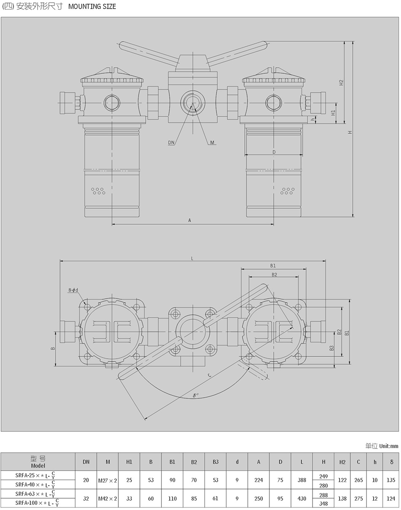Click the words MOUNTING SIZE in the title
pos(92,6)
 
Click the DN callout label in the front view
pos(171,143)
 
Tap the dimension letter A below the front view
pos(190,220)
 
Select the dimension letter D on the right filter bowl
pos(274,152)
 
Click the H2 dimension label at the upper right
pos(342,82)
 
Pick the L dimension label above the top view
pos(192,258)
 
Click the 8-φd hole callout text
pos(73,290)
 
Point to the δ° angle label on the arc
pos(195,395)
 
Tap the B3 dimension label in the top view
pos(332,348)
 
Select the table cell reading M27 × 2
pos(107,480)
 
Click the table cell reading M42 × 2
pos(107,499)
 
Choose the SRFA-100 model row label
pos(37,503)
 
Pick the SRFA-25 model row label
pos(37,475)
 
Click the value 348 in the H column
pos(323,503)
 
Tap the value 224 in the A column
pos(258,480)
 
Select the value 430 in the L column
pos(302,499)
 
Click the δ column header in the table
pos(391,462)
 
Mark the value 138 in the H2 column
pos(342,499)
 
